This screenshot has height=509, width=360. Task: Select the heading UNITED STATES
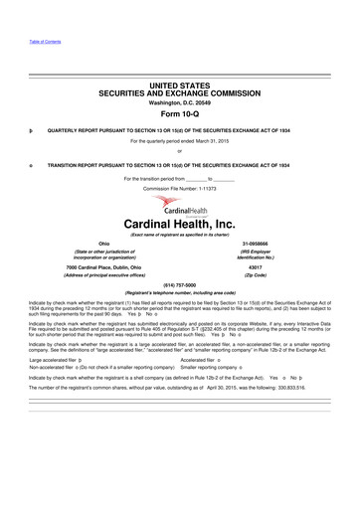(x=179, y=86)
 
